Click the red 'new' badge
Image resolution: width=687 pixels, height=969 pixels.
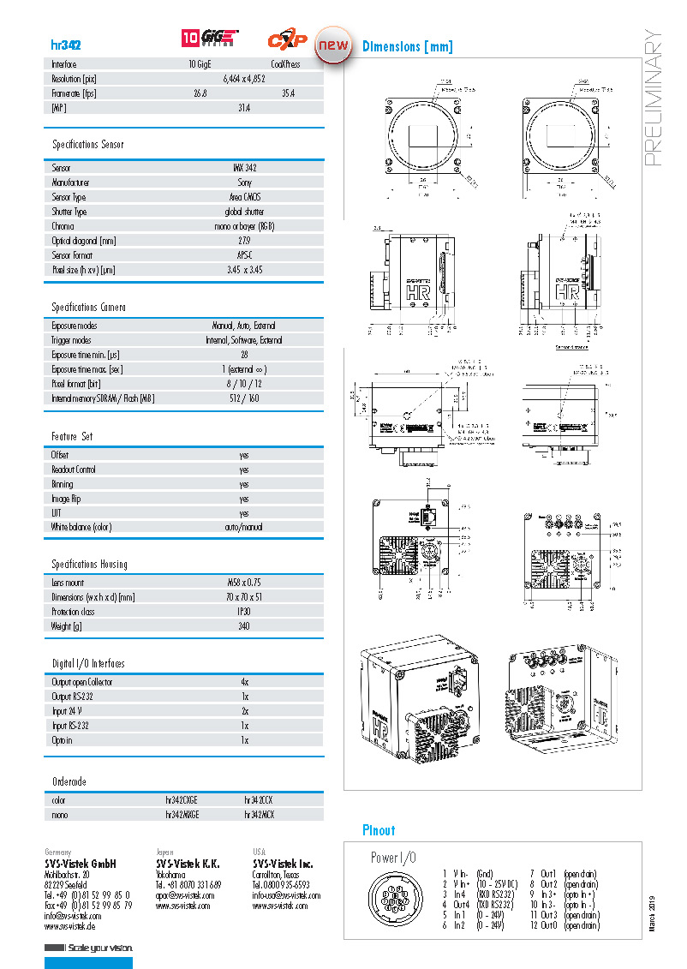(x=333, y=45)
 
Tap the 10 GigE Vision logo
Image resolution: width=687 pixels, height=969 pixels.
(x=210, y=39)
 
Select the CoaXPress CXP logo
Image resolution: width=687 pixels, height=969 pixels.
(x=288, y=39)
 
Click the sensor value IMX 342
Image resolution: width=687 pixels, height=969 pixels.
(x=244, y=168)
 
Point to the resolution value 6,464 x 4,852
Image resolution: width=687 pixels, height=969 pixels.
(x=244, y=78)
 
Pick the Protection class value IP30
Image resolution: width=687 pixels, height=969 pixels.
(x=244, y=612)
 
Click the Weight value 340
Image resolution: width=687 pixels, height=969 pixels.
(x=244, y=626)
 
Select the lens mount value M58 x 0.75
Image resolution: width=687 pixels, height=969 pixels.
(x=244, y=583)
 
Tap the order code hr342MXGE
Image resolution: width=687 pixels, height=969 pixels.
(x=182, y=815)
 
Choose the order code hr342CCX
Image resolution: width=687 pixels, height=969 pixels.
(x=260, y=800)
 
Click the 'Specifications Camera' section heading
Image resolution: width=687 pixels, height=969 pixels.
(x=88, y=307)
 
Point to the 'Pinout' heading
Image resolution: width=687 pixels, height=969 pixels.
(x=379, y=830)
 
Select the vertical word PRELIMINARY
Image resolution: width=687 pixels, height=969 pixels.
(x=653, y=99)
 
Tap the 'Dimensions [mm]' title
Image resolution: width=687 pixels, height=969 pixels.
(x=407, y=46)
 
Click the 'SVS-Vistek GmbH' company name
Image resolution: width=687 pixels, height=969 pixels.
(x=81, y=864)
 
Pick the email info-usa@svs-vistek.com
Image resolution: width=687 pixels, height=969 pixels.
(x=286, y=895)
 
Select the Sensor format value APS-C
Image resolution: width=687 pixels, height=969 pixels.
(x=244, y=255)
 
